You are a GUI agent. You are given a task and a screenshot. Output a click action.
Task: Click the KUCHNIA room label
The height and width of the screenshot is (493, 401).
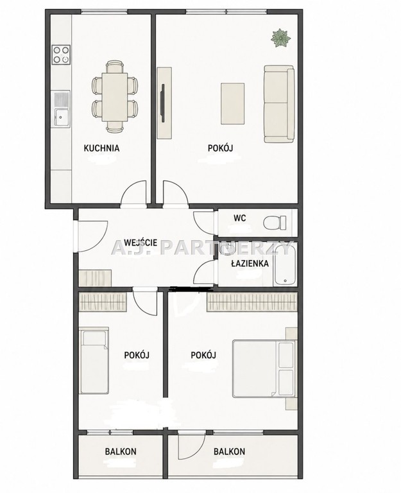(101, 148)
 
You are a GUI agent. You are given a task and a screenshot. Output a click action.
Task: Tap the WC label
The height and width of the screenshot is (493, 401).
(240, 218)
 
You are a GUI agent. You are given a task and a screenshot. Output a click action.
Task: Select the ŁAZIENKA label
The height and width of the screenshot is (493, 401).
(250, 263)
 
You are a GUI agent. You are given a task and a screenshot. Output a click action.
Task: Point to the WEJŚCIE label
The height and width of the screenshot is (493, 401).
(141, 243)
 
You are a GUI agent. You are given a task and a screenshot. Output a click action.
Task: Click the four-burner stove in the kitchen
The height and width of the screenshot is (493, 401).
(61, 55)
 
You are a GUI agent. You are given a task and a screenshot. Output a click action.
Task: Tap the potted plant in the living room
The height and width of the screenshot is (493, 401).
(280, 38)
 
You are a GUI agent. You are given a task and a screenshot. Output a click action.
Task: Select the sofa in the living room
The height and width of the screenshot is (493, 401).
(279, 104)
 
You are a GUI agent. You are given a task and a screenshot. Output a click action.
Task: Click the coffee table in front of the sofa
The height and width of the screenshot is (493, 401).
(232, 103)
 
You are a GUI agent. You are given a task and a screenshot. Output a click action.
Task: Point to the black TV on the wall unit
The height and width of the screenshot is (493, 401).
(163, 103)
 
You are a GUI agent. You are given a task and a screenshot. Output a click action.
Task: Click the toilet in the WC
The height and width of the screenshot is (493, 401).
(275, 223)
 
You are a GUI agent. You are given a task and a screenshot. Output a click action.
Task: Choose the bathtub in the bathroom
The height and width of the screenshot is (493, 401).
(285, 264)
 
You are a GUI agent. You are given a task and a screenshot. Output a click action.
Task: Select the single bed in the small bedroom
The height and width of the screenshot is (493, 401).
(94, 360)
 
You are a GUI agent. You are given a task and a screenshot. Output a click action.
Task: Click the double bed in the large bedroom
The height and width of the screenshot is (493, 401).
(264, 368)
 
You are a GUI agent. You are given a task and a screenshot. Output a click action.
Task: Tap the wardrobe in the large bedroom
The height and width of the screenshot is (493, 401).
(252, 302)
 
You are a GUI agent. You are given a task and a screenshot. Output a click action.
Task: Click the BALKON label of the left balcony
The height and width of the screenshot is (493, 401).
(121, 451)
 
